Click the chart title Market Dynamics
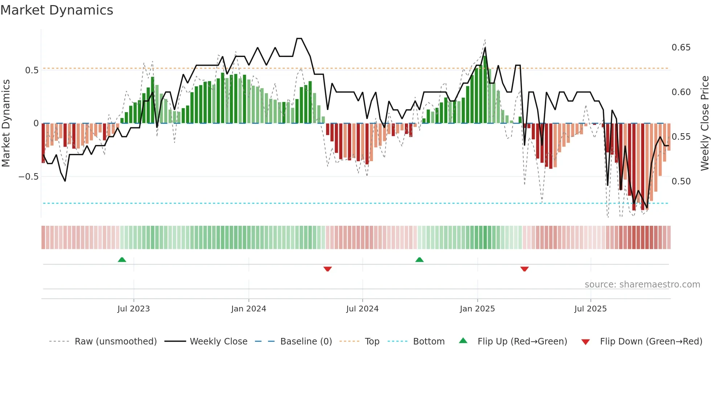pyautogui.click(x=57, y=10)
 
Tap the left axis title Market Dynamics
pyautogui.click(x=6, y=123)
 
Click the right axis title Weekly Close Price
pyautogui.click(x=704, y=123)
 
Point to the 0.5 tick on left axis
pyautogui.click(x=32, y=70)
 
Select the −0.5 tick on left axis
pyautogui.click(x=29, y=177)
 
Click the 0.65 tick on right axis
pyautogui.click(x=681, y=48)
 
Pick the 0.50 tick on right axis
pyautogui.click(x=681, y=181)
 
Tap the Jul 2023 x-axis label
pyautogui.click(x=133, y=309)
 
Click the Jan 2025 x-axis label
pyautogui.click(x=477, y=309)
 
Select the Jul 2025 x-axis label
pyautogui.click(x=590, y=309)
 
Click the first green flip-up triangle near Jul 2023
pyautogui.click(x=122, y=260)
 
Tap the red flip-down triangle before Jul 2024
pyautogui.click(x=328, y=269)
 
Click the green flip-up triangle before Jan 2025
pyautogui.click(x=419, y=260)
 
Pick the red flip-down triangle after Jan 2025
pyautogui.click(x=524, y=269)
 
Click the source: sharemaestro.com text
pyautogui.click(x=642, y=285)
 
